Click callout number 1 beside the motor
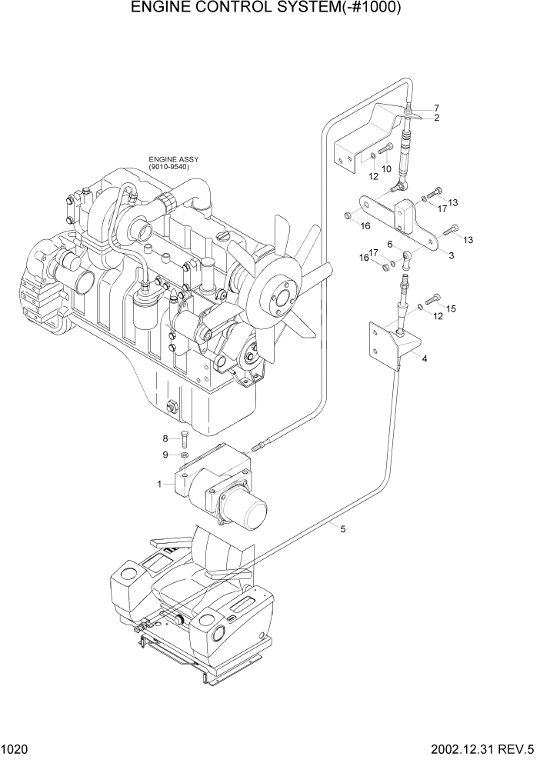tap(159, 484)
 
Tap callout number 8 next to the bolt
tap(165, 438)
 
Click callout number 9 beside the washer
tap(165, 455)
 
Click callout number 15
tap(452, 308)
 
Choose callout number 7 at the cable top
tap(436, 108)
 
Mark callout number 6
tap(390, 244)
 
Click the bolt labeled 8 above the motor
tap(184, 439)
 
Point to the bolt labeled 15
tap(435, 298)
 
